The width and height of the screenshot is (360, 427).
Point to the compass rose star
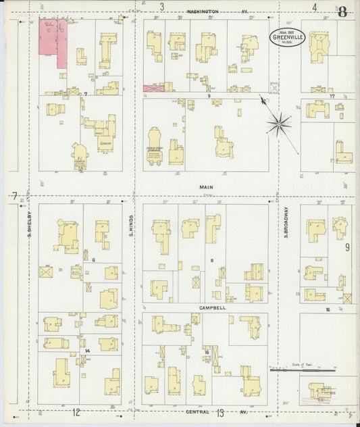point(278,123)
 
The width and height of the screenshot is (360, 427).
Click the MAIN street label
point(205,186)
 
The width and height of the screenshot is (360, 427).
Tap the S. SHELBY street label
point(31,227)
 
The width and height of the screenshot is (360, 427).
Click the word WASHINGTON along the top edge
point(203,11)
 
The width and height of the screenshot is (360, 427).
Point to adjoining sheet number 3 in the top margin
point(161,7)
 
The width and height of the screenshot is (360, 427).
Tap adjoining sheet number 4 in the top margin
point(315,7)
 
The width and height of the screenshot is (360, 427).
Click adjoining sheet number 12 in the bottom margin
point(76,412)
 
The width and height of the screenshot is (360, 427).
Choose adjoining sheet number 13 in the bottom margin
point(220,412)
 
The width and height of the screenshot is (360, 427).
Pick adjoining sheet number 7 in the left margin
point(14,196)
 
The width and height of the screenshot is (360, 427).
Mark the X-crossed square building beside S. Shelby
point(46,272)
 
